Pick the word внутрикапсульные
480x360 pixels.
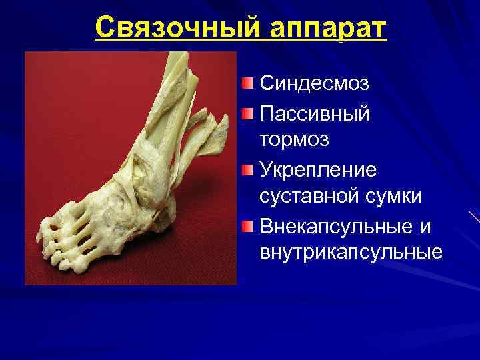pos(351,253)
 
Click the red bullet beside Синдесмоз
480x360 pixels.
pos(248,83)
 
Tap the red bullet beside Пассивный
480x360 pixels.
pos(248,112)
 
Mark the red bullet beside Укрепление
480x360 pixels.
pos(248,169)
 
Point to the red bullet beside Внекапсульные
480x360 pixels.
pos(248,225)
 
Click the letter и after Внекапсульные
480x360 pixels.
pos(425,227)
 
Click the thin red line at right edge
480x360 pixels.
pos(474,217)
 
